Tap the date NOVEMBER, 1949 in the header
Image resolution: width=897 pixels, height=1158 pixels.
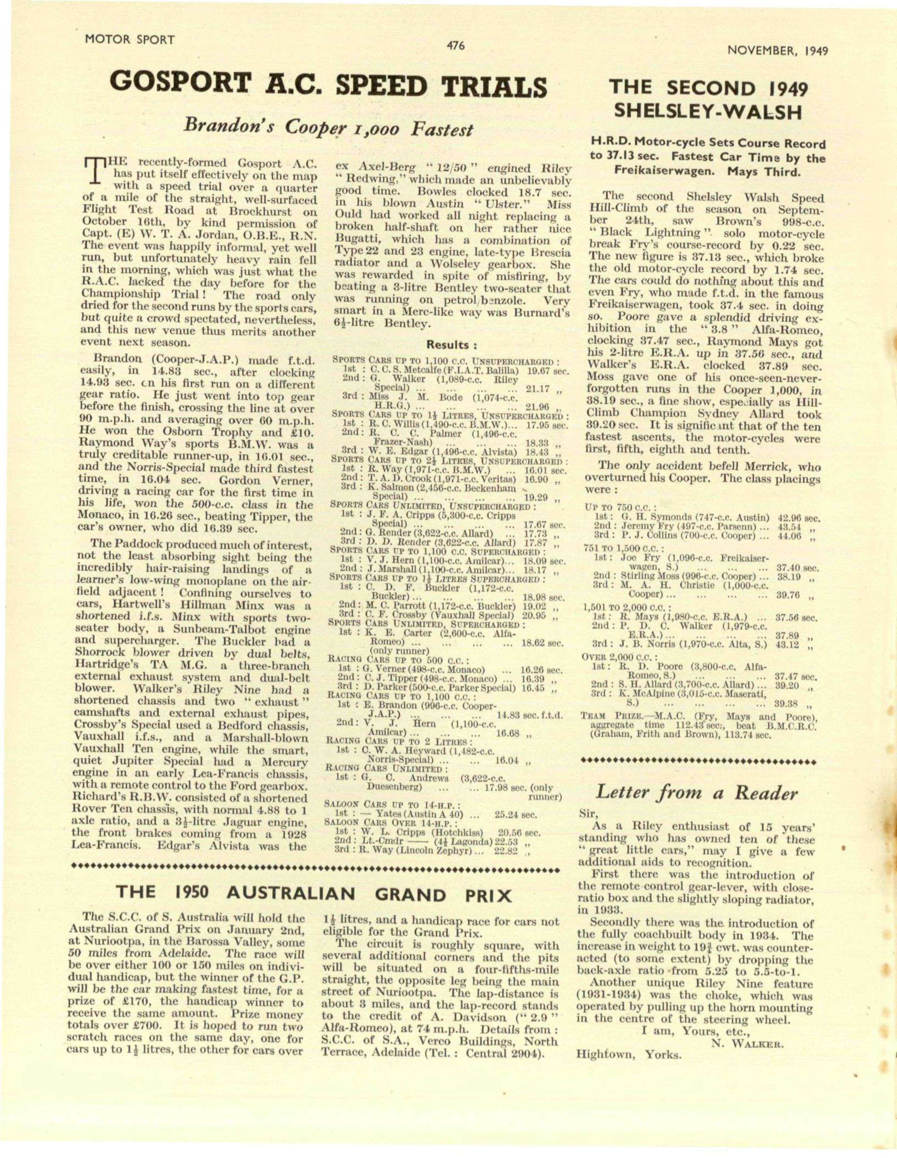(778, 51)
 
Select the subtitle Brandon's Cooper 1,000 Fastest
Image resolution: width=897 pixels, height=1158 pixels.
(327, 128)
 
